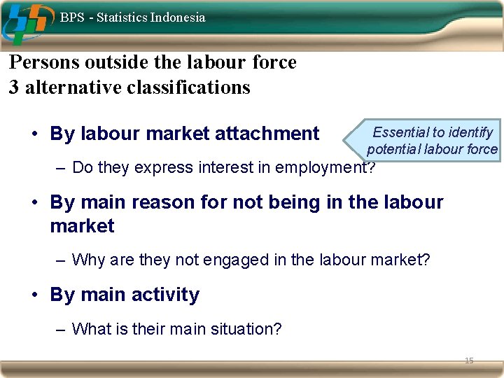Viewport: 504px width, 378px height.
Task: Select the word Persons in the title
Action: (44, 62)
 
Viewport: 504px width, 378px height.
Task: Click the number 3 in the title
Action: (14, 87)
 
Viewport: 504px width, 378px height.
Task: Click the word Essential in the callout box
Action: (400, 132)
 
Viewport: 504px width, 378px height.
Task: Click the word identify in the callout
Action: (470, 132)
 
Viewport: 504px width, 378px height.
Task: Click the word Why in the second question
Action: (87, 260)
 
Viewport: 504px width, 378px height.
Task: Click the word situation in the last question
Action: (249, 328)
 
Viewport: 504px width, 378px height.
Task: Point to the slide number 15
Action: (469, 360)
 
